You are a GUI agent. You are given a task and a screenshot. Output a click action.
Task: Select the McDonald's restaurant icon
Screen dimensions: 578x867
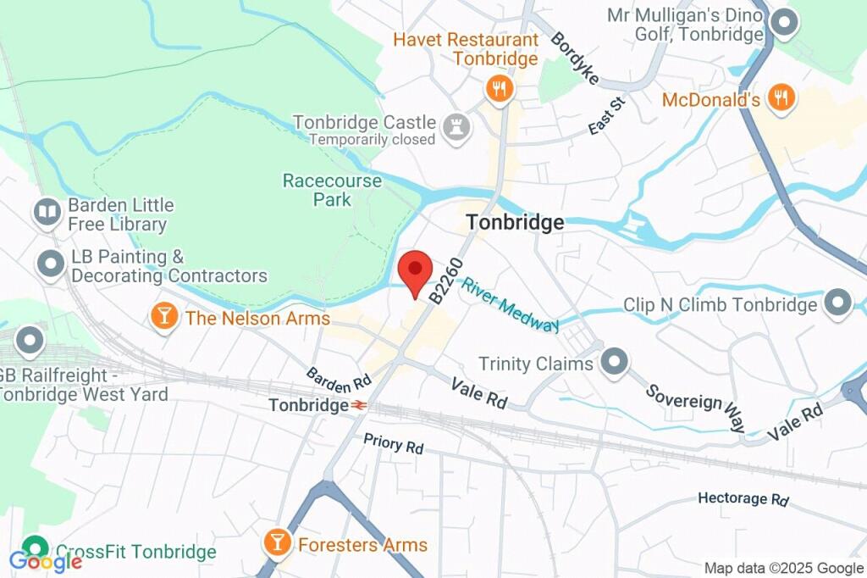780,98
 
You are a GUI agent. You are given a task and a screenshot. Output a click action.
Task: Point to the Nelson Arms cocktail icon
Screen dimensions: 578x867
163,317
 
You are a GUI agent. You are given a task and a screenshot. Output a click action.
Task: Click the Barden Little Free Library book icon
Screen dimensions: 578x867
47,211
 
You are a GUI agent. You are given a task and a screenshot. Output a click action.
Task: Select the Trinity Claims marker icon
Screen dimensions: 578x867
614,362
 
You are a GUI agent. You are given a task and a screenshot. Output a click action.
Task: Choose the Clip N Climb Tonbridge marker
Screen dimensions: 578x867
838,303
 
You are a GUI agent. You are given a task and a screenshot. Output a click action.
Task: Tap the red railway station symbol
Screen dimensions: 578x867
359,405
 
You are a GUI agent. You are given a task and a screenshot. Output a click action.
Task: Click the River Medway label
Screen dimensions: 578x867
510,303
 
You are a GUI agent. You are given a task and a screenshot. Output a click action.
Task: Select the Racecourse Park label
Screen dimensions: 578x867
316,190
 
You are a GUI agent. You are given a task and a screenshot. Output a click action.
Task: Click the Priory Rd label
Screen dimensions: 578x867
394,443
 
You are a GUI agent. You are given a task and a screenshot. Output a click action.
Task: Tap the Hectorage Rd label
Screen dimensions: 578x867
743,498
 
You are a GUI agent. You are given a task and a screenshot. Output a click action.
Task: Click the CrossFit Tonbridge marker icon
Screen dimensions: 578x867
35,549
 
